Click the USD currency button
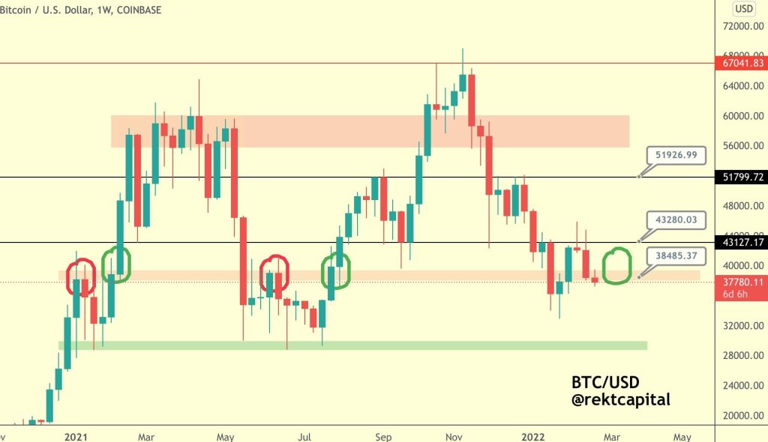pyautogui.click(x=743, y=9)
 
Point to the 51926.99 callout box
pyautogui.click(x=676, y=156)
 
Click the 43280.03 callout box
pyautogui.click(x=676, y=219)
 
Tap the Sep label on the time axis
pyautogui.click(x=384, y=435)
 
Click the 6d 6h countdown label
pyautogui.click(x=735, y=294)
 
